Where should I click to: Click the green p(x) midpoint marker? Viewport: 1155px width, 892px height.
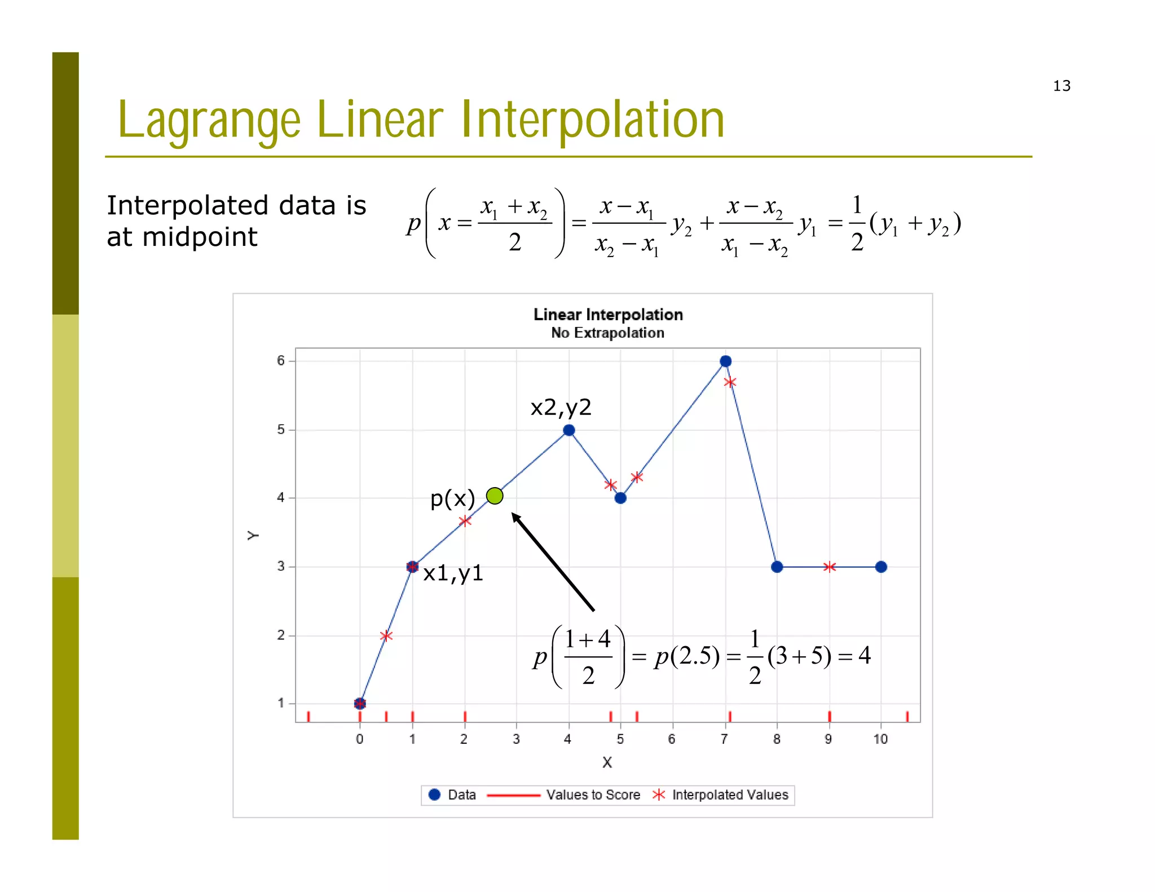pos(495,496)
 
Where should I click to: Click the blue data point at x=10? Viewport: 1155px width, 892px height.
pos(881,567)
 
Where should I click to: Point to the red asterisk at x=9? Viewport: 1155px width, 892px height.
pos(829,567)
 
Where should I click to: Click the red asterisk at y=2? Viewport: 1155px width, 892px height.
pos(386,636)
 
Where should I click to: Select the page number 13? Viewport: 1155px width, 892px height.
pos(1061,86)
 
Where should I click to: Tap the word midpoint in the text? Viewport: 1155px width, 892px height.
pos(200,237)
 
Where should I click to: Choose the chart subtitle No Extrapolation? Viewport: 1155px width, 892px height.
pos(607,333)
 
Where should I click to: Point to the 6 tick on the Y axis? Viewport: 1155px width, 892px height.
pos(281,361)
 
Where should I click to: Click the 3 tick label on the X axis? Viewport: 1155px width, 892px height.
pos(516,739)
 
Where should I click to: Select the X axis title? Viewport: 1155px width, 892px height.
pos(607,762)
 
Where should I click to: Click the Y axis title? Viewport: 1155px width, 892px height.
pos(253,535)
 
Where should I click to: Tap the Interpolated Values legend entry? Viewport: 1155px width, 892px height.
pos(730,795)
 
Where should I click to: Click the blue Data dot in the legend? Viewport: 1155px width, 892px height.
pos(434,794)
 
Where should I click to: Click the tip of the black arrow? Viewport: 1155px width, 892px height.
pos(513,514)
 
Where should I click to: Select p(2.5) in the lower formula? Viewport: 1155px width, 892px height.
pos(687,656)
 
